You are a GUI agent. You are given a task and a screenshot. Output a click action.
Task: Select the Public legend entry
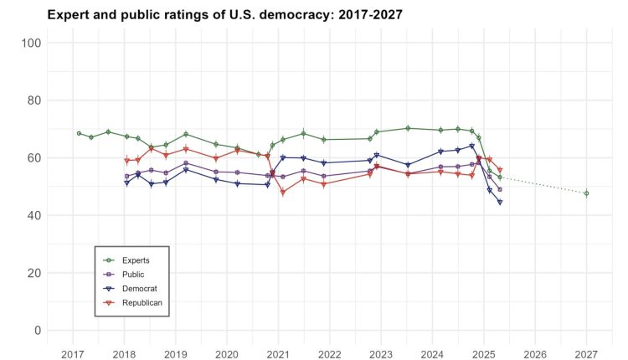point(131,274)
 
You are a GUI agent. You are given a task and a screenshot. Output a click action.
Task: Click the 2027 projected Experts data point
point(586,193)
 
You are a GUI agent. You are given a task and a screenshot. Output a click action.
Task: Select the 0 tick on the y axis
point(38,331)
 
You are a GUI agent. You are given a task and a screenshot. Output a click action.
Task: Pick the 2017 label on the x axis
point(73,353)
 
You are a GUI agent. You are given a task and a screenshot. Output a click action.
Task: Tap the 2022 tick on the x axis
point(329,353)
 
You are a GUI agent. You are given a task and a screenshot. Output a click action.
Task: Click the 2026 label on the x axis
point(534,353)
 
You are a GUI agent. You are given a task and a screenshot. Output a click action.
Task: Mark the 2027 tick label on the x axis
point(586,353)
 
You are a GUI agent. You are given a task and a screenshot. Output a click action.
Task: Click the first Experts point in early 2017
point(79,133)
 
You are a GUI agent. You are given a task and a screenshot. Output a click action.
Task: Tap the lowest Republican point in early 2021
point(283,193)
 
